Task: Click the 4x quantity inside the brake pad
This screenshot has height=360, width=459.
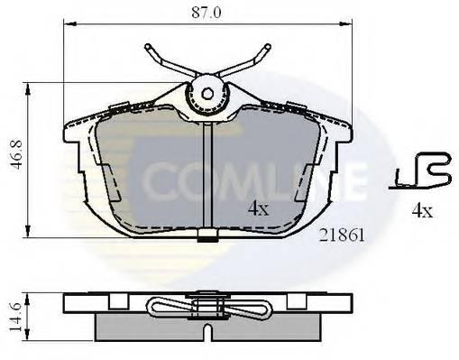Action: tap(258, 208)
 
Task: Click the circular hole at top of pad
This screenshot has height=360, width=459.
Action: tap(207, 92)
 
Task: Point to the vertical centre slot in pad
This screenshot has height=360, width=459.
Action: tap(207, 171)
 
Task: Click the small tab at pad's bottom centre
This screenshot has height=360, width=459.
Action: tap(207, 237)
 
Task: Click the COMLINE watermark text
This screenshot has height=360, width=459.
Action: tap(243, 180)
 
